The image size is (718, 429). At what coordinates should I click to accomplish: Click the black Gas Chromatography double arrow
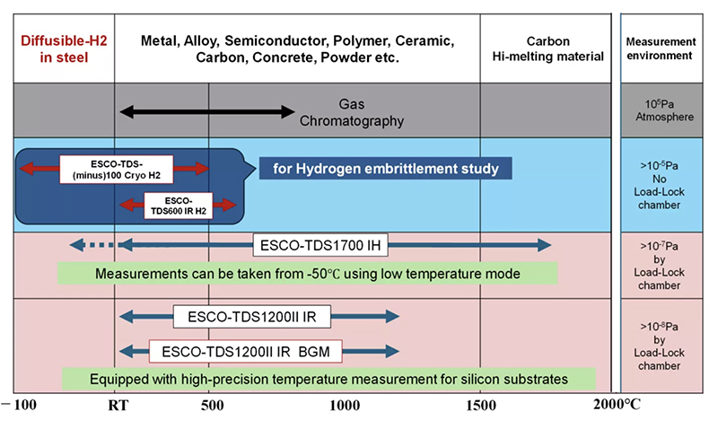207,111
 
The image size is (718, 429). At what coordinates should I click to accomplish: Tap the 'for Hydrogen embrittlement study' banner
385,168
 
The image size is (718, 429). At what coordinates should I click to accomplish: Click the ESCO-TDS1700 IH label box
311,244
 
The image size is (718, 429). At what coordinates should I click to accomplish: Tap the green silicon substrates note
328,379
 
